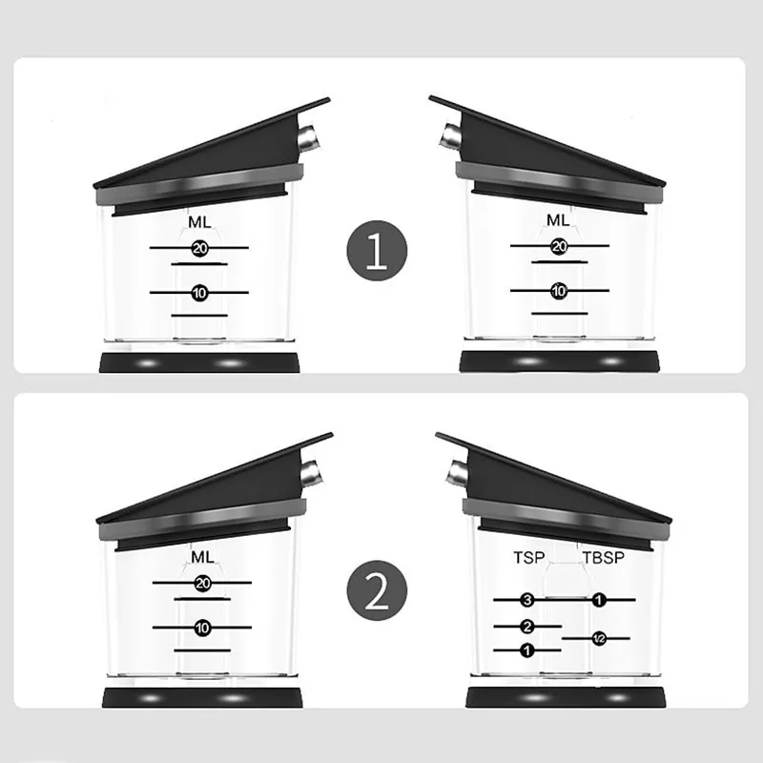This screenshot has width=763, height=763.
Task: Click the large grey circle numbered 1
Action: coord(377,251)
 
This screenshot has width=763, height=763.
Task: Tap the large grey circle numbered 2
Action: coord(377,590)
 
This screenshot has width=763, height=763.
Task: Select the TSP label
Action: coord(529,558)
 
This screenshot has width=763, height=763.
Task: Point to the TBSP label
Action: coord(604,558)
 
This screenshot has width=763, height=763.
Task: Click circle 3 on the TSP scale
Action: coord(527,600)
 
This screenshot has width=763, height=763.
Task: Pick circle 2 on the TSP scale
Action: coord(527,627)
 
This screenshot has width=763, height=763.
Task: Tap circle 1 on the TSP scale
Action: coord(527,650)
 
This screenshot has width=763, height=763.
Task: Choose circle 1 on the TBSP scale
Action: coord(599,600)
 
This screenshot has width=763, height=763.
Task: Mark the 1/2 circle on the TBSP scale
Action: coord(599,638)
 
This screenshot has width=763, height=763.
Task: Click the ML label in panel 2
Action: coord(202,557)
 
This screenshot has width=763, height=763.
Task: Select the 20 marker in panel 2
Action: coord(202,583)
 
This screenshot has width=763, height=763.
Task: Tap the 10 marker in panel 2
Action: coord(202,628)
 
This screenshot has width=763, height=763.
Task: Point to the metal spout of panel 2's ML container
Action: coord(311,473)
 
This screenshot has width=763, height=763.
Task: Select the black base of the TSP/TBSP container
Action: coord(566,697)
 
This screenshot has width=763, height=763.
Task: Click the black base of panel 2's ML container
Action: coord(202,698)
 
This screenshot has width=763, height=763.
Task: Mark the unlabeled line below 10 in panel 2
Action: coord(202,650)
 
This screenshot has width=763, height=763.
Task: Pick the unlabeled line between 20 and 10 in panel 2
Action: coord(202,599)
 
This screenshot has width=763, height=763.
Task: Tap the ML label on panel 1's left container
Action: coord(199,222)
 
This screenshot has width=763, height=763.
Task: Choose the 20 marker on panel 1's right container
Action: coord(559,247)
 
